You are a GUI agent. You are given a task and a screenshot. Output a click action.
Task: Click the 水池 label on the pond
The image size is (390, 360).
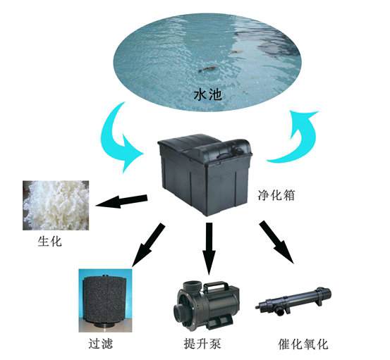207,95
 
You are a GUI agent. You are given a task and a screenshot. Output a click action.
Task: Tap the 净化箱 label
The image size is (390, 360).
276,195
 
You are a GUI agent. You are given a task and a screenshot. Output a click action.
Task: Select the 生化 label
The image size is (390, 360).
50,241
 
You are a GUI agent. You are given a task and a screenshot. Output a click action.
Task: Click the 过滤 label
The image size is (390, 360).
100,344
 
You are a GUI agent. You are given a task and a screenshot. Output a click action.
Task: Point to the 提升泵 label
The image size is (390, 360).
202,344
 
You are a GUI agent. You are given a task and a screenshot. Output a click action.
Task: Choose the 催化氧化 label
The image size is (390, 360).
303,345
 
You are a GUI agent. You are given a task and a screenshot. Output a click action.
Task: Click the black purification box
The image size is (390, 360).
205,175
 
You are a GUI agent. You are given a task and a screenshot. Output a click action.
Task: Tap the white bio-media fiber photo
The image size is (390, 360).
56,205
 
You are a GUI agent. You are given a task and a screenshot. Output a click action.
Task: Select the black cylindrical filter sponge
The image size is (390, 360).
104,302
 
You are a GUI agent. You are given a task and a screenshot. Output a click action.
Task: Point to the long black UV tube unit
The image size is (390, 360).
293,301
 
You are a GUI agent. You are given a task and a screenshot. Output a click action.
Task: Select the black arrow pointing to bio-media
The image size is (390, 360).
121,201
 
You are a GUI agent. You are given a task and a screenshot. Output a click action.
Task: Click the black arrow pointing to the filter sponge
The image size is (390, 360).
148,245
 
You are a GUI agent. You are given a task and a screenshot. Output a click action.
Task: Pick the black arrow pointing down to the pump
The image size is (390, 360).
209,249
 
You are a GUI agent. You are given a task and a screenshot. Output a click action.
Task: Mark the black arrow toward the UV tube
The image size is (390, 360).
276,242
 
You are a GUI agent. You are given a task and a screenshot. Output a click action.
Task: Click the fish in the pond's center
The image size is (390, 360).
207,69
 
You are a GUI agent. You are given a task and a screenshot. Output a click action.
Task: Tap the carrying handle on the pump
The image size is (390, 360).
216,286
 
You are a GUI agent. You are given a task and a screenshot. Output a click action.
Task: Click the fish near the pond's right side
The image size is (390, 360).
236,52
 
